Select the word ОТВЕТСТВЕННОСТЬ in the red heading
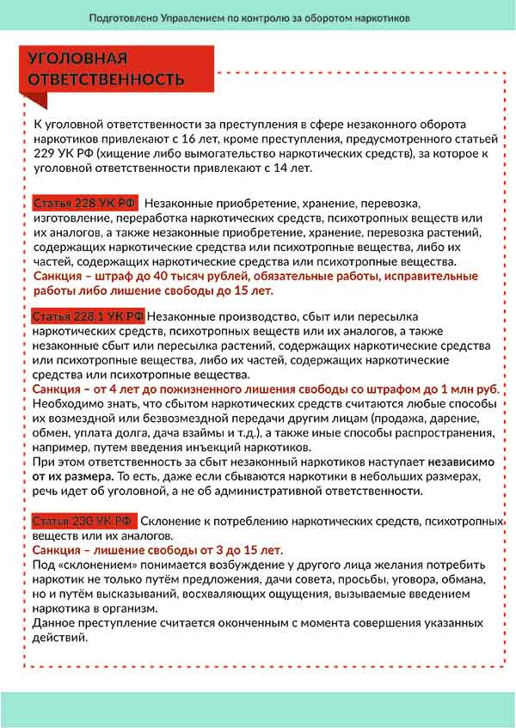106,79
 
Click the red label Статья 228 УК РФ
85,204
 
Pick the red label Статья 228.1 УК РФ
89,317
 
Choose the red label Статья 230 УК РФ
84,522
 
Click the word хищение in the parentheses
127,153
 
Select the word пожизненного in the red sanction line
196,389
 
